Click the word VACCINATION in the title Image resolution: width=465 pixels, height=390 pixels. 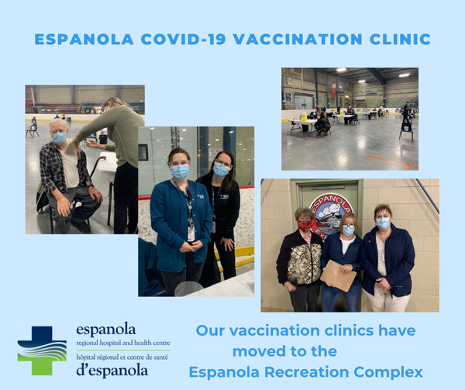pyautogui.click(x=298, y=40)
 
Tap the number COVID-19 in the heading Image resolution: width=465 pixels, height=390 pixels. pyautogui.click(x=184, y=40)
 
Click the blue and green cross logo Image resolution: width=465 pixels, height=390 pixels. pyautogui.click(x=42, y=350)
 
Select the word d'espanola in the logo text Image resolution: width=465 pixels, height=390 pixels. pyautogui.click(x=112, y=371)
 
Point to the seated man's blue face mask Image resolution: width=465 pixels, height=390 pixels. pyautogui.click(x=60, y=138)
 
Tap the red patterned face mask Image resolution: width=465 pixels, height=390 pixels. pyautogui.click(x=305, y=226)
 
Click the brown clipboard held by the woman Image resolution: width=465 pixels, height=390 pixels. pyautogui.click(x=338, y=275)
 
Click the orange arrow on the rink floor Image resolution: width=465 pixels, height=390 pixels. pyautogui.click(x=391, y=161)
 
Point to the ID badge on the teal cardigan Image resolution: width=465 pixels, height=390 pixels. pyautogui.click(x=191, y=233)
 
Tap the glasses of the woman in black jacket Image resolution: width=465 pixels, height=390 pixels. pyautogui.click(x=222, y=164)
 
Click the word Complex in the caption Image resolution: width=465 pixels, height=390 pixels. pyautogui.click(x=388, y=372)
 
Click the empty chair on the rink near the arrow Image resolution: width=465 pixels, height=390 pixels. pyautogui.click(x=406, y=131)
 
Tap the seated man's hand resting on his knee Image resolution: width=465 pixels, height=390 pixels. pyautogui.click(x=64, y=206)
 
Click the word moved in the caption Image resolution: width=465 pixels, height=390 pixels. pyautogui.click(x=258, y=351)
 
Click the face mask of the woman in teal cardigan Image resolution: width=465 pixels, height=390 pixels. pyautogui.click(x=180, y=171)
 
